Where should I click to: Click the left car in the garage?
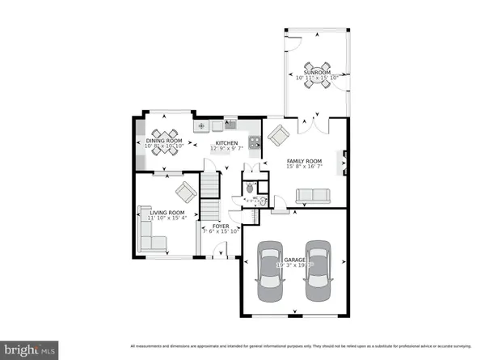pos(270,271)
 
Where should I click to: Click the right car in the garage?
pos(318,271)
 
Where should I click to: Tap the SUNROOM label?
pos(317,72)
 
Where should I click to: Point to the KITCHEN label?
pos(226,143)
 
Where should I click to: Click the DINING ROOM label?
pos(165,142)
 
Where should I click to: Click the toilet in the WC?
pos(251,185)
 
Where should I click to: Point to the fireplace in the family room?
pos(345,162)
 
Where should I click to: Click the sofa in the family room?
pos(311,196)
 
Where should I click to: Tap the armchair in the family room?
pos(278,134)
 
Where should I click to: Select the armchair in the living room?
pos(185,192)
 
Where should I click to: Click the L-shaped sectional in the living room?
pos(151,238)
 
